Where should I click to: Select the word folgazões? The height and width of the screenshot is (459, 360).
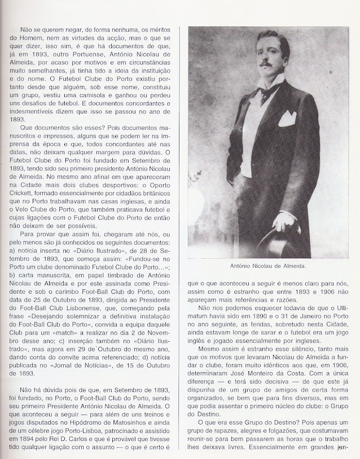click(x=279, y=426)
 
